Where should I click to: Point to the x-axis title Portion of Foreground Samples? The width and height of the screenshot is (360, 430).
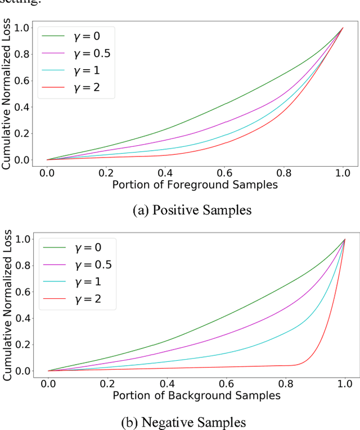[x=196, y=185]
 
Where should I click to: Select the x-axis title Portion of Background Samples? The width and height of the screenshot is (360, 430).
[x=196, y=396]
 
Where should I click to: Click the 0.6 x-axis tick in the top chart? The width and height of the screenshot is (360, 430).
[x=224, y=171]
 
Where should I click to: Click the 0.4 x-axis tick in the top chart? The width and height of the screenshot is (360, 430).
[x=166, y=171]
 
